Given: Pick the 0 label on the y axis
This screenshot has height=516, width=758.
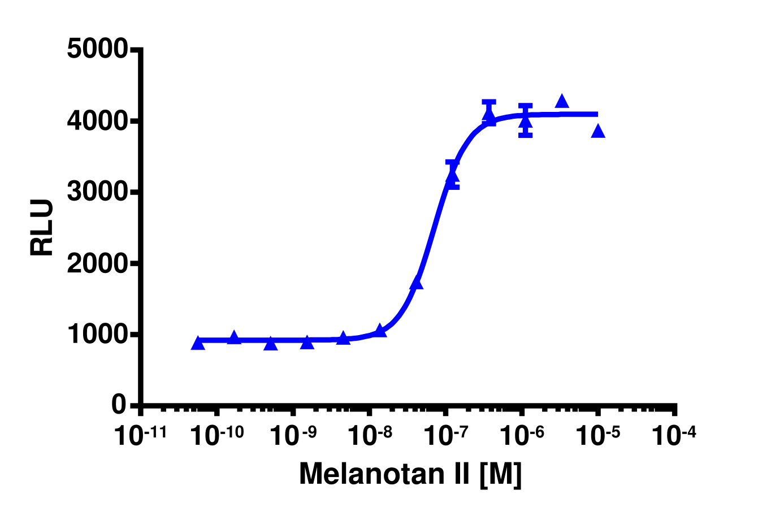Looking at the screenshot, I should click(118, 405).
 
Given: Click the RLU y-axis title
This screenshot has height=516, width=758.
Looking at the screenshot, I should click(42, 228).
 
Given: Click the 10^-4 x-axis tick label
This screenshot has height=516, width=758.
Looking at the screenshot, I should click(676, 436).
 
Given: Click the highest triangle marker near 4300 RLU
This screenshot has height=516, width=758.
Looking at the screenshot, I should click(561, 102).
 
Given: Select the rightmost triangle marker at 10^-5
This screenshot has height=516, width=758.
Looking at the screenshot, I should click(598, 132).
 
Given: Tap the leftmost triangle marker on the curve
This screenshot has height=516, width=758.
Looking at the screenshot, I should click(198, 344).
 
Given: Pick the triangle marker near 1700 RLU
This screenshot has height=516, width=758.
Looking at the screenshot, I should click(417, 283).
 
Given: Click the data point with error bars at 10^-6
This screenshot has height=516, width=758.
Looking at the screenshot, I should click(526, 122).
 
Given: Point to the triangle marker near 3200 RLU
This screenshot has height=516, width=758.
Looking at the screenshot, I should click(452, 176).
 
